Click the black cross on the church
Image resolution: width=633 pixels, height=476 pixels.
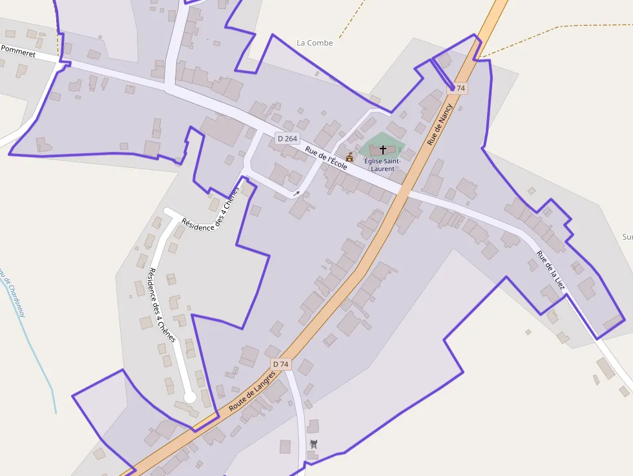click(x=382, y=149)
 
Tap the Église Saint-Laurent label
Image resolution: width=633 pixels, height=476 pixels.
click(x=382, y=164)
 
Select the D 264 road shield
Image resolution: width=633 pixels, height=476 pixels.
click(x=287, y=138)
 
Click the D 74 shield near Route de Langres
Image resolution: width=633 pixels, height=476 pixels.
click(x=281, y=364)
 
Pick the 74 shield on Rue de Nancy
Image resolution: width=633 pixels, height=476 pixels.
click(x=460, y=88)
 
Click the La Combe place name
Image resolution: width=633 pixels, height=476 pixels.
click(x=315, y=43)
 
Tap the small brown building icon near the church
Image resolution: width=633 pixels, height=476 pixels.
click(x=349, y=157)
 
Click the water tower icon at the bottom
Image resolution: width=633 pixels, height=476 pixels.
click(x=314, y=444)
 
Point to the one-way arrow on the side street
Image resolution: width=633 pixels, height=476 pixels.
click(x=296, y=192)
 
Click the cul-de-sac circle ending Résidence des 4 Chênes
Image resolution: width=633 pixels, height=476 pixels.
click(x=189, y=398)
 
